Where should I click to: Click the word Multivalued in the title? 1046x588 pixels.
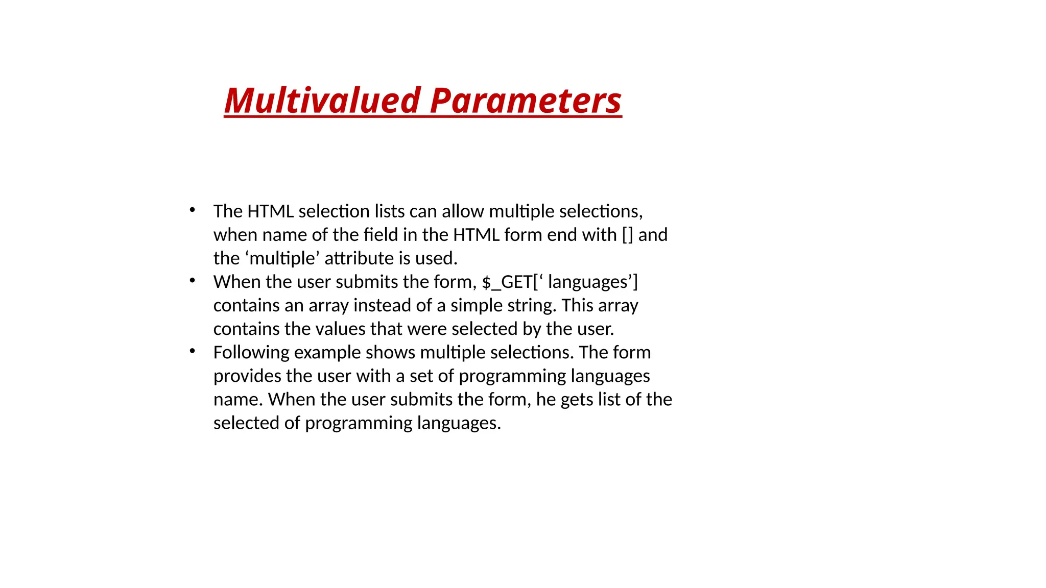tap(322, 101)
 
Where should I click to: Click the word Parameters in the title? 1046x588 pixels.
tap(526, 101)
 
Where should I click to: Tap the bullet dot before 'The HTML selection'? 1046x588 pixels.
tap(192, 210)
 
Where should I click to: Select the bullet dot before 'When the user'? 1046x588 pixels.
tap(192, 280)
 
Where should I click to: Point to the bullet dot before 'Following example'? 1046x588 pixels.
tap(192, 351)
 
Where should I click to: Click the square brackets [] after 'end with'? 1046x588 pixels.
tap(627, 235)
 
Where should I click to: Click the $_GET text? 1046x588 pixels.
tap(507, 282)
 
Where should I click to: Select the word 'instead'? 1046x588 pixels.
tap(382, 305)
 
